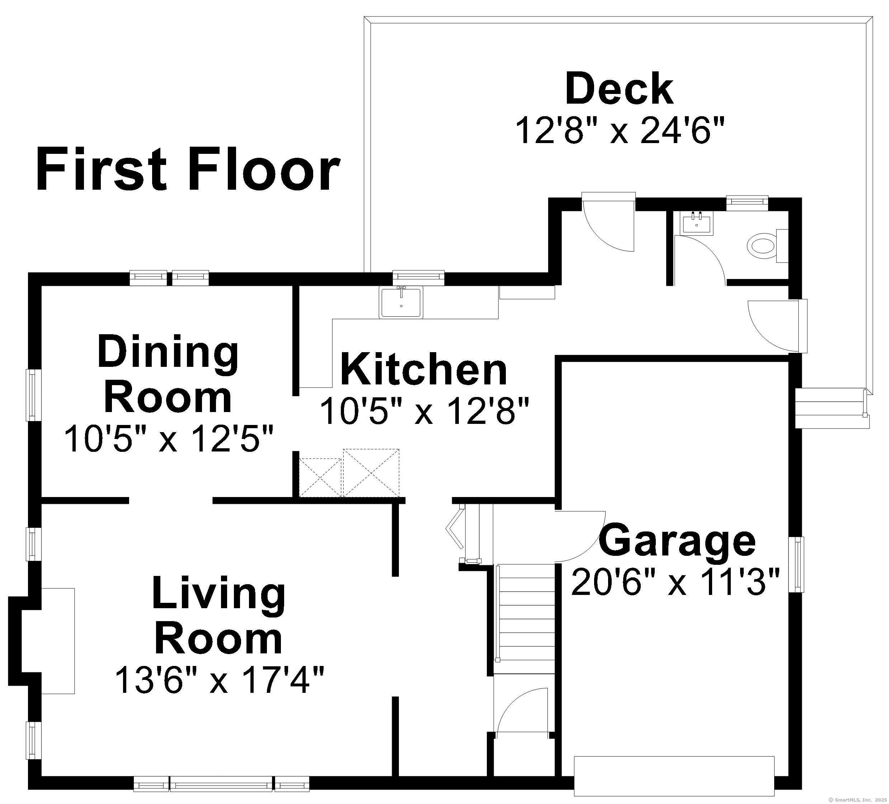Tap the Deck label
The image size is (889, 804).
click(x=619, y=90)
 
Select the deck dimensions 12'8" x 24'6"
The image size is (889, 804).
click(x=619, y=131)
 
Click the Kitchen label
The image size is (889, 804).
click(x=424, y=370)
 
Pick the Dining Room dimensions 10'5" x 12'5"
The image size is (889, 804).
click(x=169, y=439)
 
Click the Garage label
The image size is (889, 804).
click(x=677, y=540)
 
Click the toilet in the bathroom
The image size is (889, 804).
click(x=762, y=246)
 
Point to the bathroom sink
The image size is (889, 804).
click(x=696, y=223)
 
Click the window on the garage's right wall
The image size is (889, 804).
click(x=799, y=564)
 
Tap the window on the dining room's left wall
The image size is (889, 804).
click(x=33, y=394)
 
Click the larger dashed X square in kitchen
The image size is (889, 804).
click(x=371, y=473)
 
